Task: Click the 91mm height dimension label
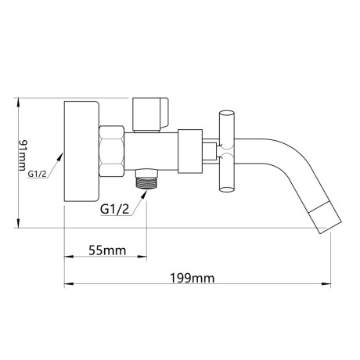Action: [23, 155]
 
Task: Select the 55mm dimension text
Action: [107, 250]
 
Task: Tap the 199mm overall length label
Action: [193, 278]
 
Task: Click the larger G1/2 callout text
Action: [114, 209]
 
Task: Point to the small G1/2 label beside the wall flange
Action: [37, 174]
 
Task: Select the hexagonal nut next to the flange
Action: [111, 152]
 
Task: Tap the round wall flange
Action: [81, 151]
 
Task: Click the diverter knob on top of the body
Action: [150, 114]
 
